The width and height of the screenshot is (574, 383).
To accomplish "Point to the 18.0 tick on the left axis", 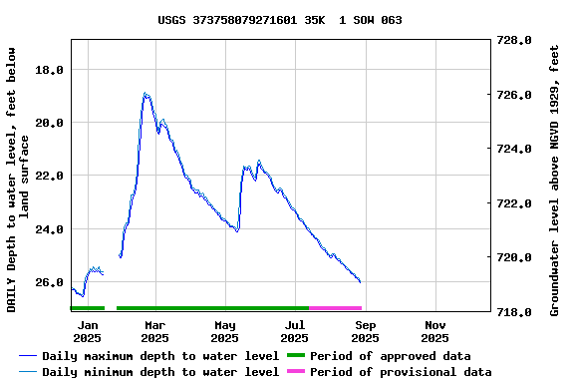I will click(x=51, y=70).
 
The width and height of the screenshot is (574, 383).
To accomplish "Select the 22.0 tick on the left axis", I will click(x=51, y=176).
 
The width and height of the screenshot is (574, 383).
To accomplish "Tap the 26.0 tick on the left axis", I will click(x=51, y=282).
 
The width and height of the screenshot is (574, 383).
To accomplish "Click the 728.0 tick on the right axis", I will click(x=515, y=41).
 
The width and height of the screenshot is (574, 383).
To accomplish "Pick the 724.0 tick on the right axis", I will click(x=515, y=150).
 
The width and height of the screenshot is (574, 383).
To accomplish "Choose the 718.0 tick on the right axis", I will click(x=515, y=312).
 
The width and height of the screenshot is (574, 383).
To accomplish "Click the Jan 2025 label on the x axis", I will click(x=88, y=331).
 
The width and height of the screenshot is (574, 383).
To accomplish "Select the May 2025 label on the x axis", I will click(x=225, y=331).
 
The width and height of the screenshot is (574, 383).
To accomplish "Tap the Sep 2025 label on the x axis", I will click(x=365, y=331).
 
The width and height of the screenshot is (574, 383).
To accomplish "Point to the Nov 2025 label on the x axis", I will click(x=435, y=331).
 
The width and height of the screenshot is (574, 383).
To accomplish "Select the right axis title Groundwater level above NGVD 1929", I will click(x=554, y=178).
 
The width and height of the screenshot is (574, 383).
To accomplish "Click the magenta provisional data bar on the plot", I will click(x=335, y=308).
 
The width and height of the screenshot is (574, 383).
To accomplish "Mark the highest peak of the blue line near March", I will click(x=145, y=93).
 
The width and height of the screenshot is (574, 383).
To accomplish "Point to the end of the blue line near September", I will click(x=360, y=282).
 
